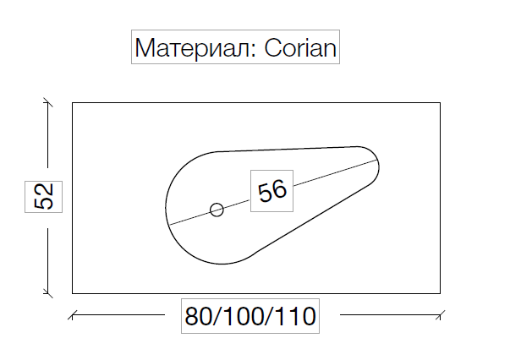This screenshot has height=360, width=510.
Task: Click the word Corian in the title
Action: pos(301,48)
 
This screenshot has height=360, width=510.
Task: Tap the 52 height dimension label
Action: pos(45,198)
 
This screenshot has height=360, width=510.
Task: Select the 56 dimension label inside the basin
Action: pos(272,190)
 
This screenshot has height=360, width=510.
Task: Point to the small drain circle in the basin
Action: pos(217,210)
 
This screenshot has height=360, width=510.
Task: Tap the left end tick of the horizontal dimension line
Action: pos(73,317)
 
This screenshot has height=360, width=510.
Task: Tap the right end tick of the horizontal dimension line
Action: pos(440,317)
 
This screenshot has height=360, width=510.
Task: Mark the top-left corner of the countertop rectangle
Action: pos(73,103)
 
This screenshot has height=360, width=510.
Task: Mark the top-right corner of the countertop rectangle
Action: pos(440,103)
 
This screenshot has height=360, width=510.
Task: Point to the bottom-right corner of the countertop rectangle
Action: pos(440,292)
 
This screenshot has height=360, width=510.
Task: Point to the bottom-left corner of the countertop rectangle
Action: pos(73,292)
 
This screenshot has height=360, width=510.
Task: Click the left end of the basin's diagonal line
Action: pos(167,223)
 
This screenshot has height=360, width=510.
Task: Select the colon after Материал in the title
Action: pos(255,51)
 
